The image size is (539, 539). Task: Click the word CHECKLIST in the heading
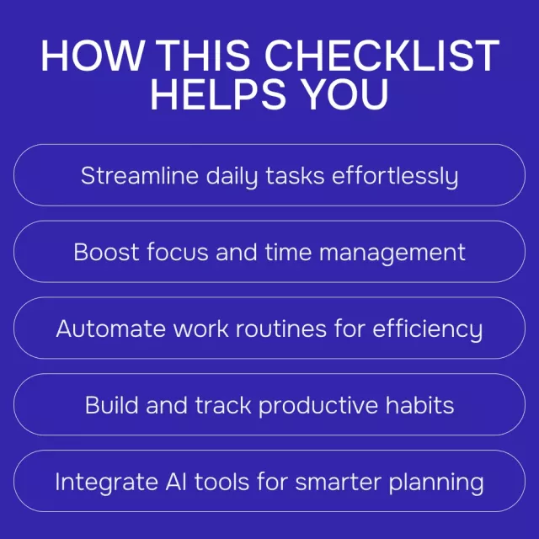(382, 56)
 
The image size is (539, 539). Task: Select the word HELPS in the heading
(218, 93)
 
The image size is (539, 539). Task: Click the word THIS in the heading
(204, 56)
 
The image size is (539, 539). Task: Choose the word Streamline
(140, 175)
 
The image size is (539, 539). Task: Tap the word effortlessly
(395, 177)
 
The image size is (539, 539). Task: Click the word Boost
(107, 252)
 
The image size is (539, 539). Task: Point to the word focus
(178, 252)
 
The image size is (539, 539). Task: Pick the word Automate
(110, 328)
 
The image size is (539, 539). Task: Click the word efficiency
(428, 329)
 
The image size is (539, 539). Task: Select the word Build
(111, 405)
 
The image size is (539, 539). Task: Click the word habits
(419, 405)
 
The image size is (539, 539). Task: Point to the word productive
(318, 406)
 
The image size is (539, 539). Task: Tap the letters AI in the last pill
(176, 481)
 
